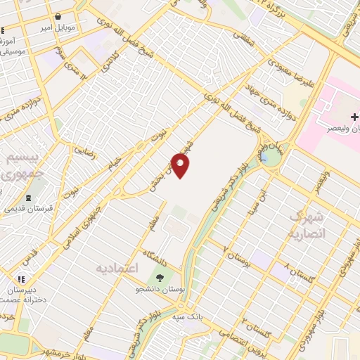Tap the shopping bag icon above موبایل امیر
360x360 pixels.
(58, 16)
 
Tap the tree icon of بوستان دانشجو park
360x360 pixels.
(159, 276)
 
